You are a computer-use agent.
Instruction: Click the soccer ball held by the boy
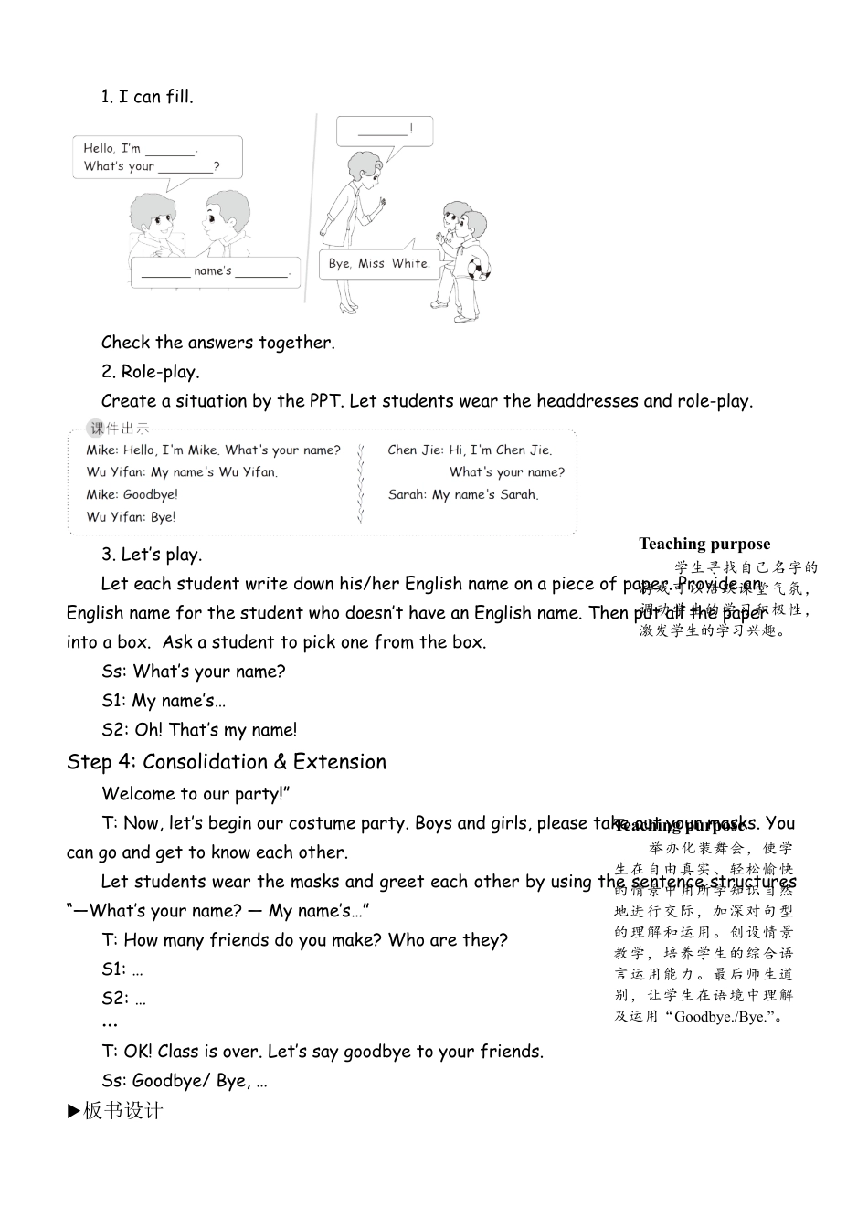coord(478,268)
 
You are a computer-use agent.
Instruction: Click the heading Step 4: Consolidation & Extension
coord(227,762)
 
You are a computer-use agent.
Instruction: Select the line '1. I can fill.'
coord(147,97)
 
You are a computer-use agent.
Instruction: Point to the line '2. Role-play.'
coord(150,372)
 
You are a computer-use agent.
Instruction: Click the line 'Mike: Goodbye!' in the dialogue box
coord(132,494)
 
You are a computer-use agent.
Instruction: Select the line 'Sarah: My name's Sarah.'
coord(463,494)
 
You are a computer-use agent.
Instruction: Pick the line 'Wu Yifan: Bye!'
coord(131,517)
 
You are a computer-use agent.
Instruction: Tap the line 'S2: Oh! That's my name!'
coord(199,730)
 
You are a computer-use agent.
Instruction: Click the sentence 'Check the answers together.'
coord(218,343)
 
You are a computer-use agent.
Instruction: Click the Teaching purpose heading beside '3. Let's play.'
coord(704,545)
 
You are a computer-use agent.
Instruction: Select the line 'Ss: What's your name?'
coord(194,672)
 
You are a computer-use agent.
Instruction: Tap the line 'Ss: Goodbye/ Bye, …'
coord(185,1081)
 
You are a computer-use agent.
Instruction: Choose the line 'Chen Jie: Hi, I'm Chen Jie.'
coord(470,450)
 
